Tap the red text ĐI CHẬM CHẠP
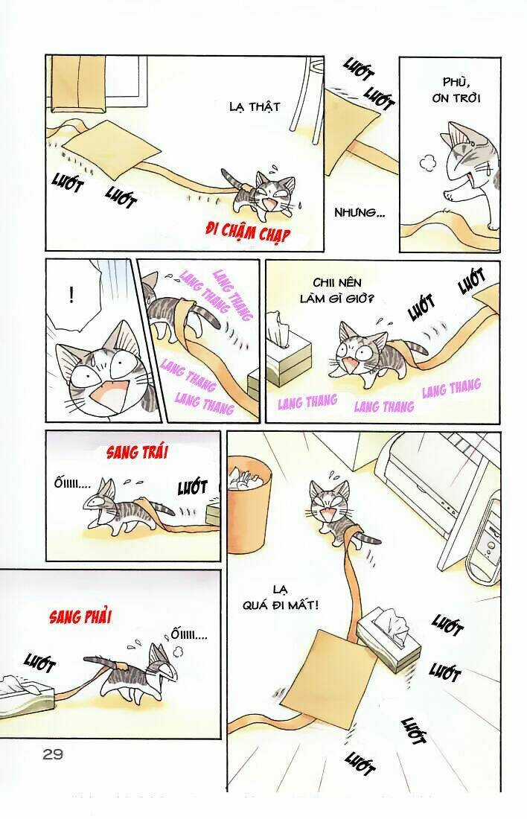[247, 230]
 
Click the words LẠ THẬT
[255, 106]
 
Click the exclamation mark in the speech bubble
[71, 296]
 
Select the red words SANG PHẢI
[80, 617]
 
